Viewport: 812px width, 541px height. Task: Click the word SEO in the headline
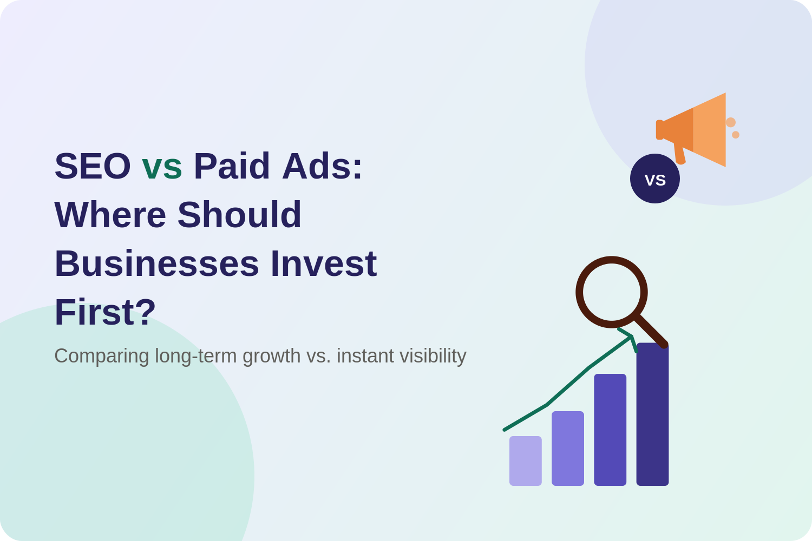(93, 166)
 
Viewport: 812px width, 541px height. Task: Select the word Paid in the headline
(232, 166)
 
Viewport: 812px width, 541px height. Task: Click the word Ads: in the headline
(322, 166)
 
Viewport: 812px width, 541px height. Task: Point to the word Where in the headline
(110, 215)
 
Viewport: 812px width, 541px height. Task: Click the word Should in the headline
(239, 215)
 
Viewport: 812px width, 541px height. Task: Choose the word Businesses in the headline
(156, 263)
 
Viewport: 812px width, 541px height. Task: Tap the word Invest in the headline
(324, 263)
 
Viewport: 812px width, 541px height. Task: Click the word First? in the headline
(105, 312)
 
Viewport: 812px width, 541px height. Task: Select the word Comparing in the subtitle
(102, 357)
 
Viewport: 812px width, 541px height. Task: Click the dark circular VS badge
(654, 179)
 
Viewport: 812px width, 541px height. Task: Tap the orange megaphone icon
(693, 130)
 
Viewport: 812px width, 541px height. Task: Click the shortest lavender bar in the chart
(525, 460)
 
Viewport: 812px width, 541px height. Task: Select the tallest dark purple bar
(652, 414)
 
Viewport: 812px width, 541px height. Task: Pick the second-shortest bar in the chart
(568, 448)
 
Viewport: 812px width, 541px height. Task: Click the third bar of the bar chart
(610, 430)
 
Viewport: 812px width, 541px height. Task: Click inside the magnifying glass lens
(612, 292)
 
